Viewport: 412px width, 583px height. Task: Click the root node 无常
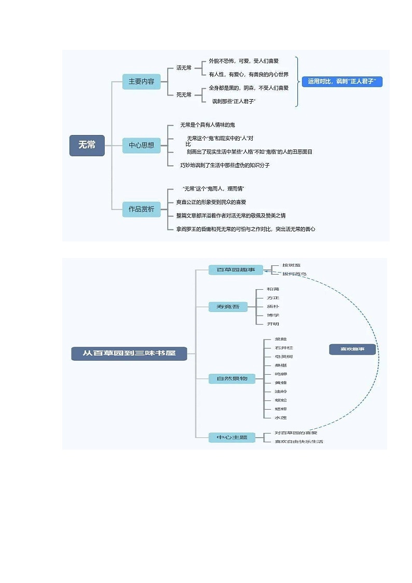point(87,145)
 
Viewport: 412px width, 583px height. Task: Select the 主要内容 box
point(142,82)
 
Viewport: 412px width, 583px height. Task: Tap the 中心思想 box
point(142,145)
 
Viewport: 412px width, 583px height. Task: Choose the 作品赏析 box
point(142,209)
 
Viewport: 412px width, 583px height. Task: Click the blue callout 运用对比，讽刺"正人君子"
point(342,82)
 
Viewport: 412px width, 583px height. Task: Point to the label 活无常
point(184,68)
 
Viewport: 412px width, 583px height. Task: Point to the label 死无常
point(184,94)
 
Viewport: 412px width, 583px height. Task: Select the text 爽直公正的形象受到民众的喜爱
point(211,202)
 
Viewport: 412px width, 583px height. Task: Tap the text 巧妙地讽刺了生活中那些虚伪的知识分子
point(225,165)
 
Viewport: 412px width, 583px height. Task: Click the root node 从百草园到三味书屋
point(129,354)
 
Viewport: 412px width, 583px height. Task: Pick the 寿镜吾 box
point(224,307)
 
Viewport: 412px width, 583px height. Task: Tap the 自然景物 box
point(232,379)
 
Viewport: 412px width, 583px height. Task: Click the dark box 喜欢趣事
point(352,349)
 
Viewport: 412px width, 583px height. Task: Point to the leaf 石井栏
point(284,348)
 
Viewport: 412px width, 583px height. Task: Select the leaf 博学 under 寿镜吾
point(273,315)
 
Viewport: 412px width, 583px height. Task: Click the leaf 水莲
point(281,417)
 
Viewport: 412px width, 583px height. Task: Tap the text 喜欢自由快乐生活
point(299,442)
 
